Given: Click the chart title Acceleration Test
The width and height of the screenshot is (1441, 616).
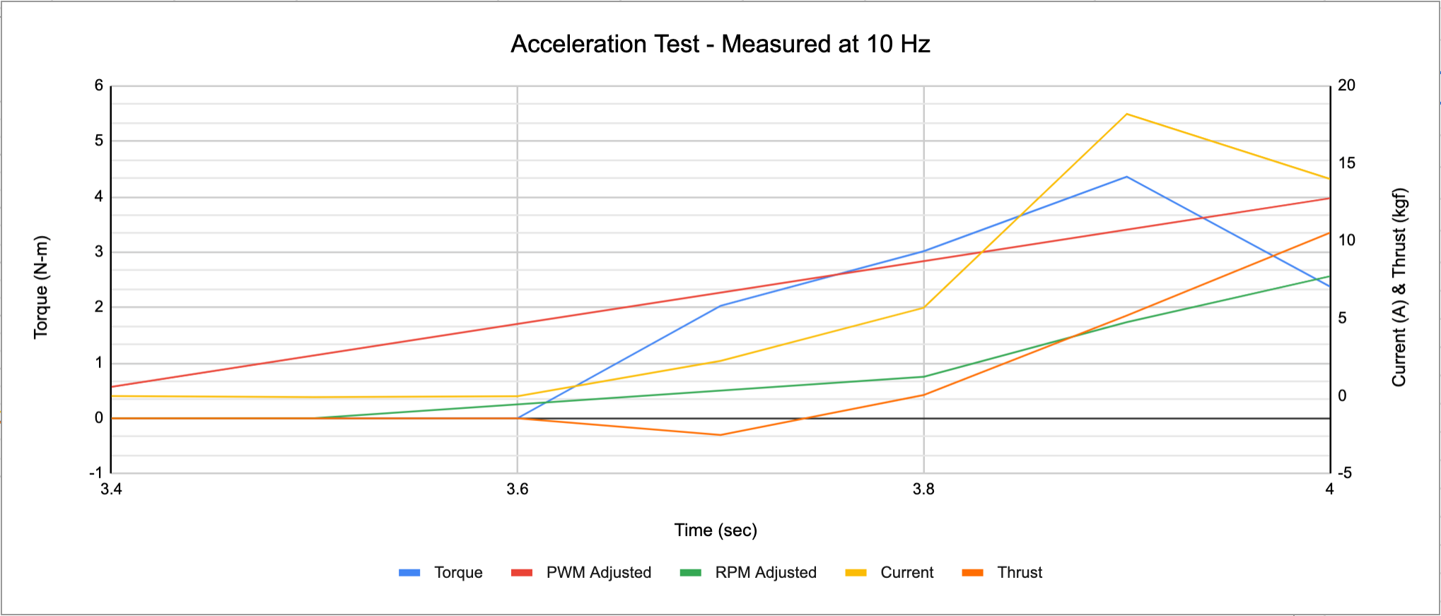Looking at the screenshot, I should (x=720, y=45).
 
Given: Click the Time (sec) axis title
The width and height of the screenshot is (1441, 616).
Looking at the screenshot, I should (x=716, y=530).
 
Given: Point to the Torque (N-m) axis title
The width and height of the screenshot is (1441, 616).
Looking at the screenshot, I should (x=41, y=287).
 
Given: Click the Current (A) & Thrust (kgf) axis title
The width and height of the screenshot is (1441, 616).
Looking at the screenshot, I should (x=1399, y=287).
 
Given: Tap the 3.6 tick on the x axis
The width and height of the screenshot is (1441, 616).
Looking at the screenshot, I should (x=517, y=490).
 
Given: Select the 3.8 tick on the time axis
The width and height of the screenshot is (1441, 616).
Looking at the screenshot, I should (x=923, y=490).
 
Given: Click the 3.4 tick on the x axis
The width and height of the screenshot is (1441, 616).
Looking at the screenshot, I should (x=111, y=490).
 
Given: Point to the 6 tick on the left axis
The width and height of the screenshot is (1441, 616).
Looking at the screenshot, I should (x=99, y=85).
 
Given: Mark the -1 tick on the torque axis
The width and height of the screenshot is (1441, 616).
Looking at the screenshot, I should (x=96, y=473).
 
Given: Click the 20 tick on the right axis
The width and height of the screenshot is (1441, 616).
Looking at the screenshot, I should (x=1346, y=85).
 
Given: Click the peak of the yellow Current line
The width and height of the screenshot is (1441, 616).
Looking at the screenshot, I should (x=1126, y=114).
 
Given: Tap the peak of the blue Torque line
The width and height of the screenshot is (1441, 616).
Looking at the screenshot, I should (x=1126, y=177).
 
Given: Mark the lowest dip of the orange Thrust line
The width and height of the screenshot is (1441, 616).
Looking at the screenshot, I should (x=720, y=434).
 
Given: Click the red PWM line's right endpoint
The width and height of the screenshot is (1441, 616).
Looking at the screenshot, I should (x=1329, y=199).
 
